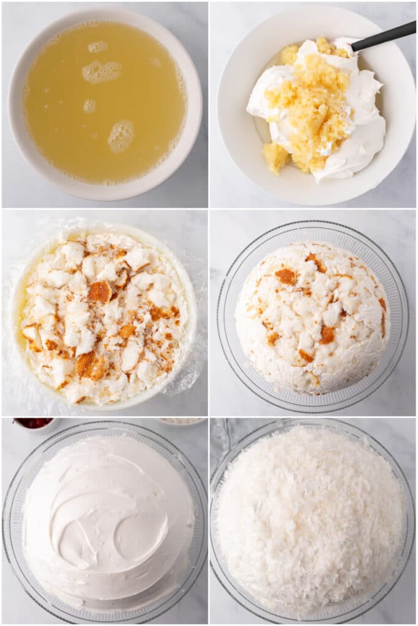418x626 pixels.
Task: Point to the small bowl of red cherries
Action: pos(33,422)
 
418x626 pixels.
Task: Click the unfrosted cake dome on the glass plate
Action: pos(312,318)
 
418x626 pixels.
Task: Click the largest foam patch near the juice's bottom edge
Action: pos(121,136)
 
